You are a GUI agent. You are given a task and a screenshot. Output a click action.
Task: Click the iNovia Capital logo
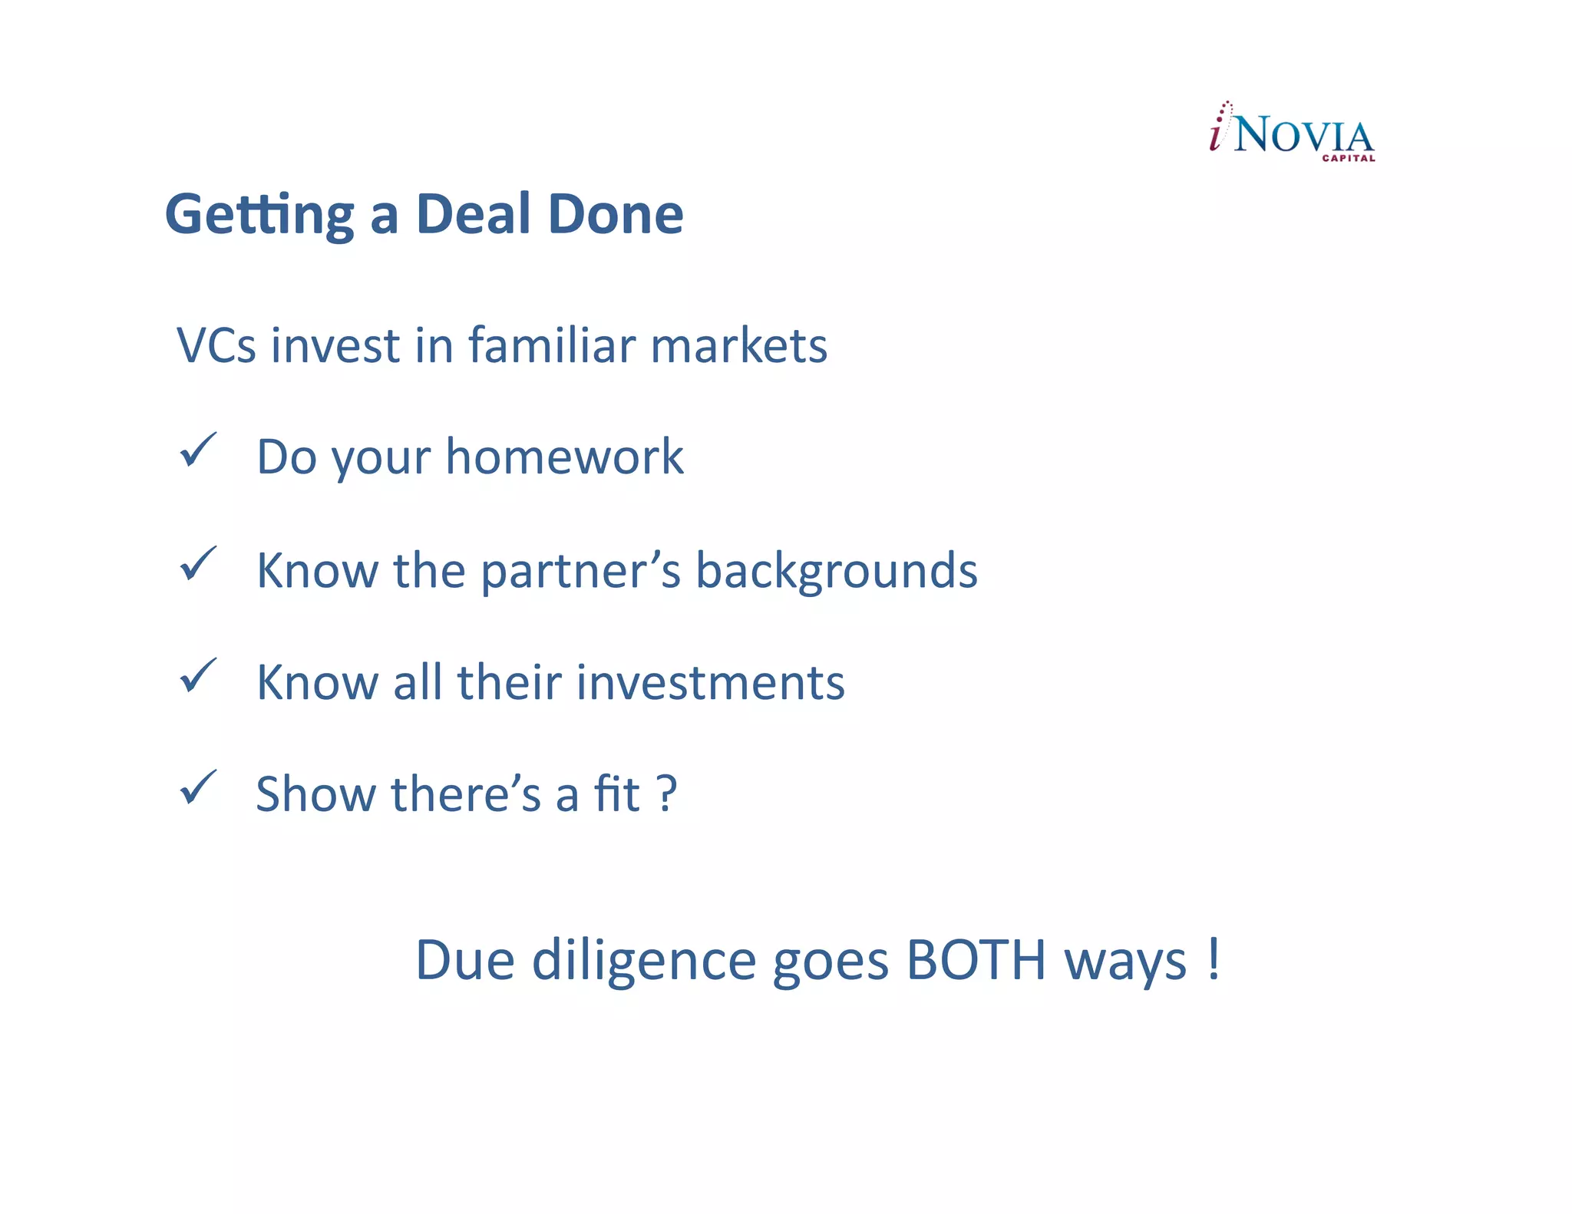point(1292,132)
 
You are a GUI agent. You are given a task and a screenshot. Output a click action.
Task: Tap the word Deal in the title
point(473,214)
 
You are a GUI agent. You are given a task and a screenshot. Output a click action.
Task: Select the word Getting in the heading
point(259,216)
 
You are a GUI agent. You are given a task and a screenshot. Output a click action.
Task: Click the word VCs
point(216,345)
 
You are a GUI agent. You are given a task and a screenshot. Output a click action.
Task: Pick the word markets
point(738,345)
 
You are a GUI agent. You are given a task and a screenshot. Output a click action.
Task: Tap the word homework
point(564,457)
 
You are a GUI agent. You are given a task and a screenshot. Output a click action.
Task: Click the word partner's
point(580,572)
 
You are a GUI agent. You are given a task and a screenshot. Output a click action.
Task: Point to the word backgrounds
point(836,572)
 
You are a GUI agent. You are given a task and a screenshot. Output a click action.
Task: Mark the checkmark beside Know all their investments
point(198,676)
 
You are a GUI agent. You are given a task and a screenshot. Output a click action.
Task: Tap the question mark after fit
point(667,794)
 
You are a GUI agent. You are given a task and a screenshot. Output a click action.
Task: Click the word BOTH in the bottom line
point(976,960)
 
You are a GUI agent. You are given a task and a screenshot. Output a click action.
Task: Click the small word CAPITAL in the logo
point(1348,159)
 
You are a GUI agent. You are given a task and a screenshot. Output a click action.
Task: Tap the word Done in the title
point(616,214)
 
